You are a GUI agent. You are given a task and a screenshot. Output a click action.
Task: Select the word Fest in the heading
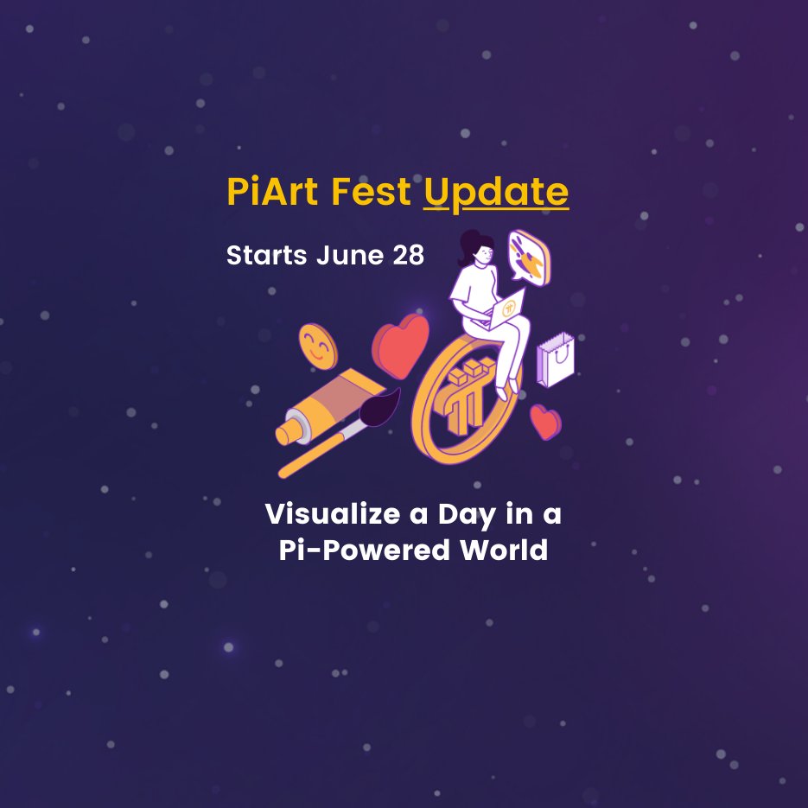[x=374, y=192]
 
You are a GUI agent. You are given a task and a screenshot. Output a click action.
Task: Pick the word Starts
[x=264, y=257]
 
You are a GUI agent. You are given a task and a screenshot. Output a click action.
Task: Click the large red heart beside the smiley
[x=401, y=345]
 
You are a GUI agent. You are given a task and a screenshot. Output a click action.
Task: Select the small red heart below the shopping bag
[x=544, y=422]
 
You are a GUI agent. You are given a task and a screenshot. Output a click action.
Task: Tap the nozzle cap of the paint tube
[x=287, y=431]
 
